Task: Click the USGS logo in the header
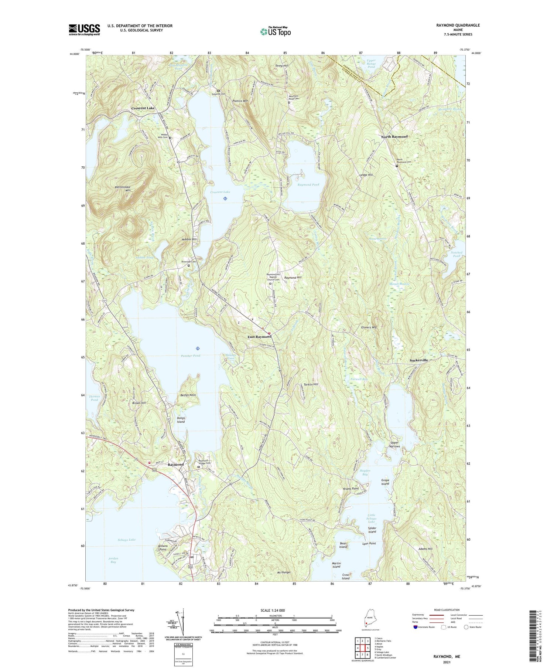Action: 84,30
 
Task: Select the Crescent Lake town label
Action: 143,108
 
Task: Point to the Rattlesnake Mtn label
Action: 123,189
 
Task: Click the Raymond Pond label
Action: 308,184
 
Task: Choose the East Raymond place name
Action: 259,337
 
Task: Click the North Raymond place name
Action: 394,136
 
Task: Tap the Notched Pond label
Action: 456,254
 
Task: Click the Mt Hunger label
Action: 284,572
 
